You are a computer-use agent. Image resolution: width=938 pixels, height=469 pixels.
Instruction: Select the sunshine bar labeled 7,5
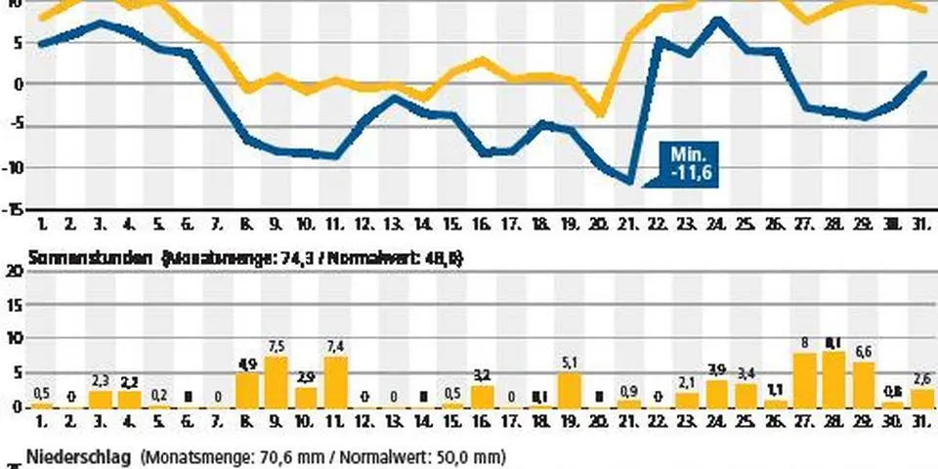(276, 381)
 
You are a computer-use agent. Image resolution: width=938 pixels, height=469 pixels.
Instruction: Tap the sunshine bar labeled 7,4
(335, 381)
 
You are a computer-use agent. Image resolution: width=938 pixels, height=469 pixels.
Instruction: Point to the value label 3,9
(717, 369)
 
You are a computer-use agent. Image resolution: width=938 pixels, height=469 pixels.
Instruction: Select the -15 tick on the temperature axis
(14, 209)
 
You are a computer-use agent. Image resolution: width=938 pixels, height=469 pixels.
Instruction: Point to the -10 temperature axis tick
(14, 167)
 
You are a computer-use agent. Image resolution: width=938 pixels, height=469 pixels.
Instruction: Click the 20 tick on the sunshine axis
(14, 275)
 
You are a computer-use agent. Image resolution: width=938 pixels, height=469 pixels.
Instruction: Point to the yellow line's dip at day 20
(602, 113)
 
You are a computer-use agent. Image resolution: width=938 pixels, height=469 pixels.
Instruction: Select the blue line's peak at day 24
(718, 20)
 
